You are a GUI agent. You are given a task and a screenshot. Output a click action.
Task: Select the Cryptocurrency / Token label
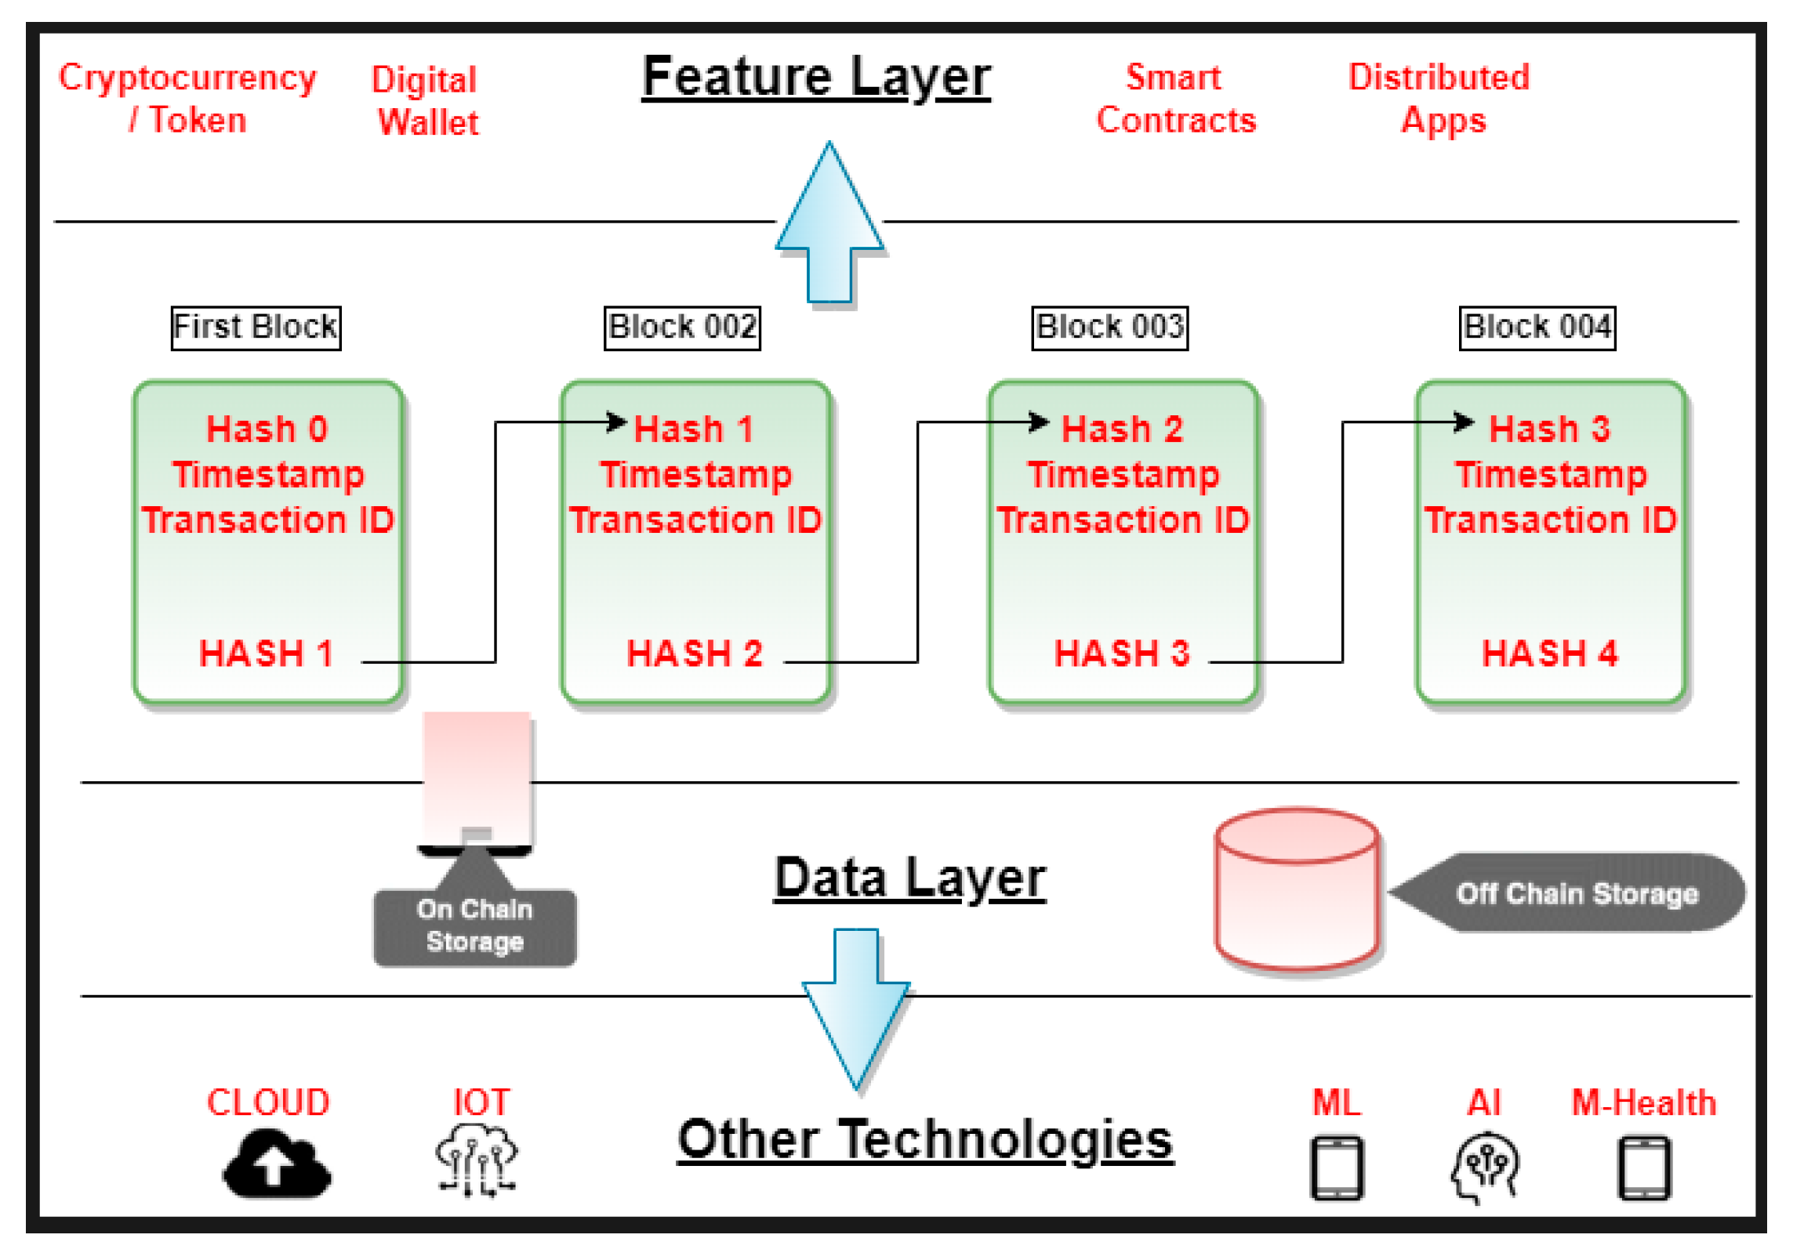pos(187,99)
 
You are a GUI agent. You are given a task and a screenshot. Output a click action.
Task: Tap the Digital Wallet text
pos(425,101)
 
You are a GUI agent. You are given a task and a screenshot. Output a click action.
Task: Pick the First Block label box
pos(256,328)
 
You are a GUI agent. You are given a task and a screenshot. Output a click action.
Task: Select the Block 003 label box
pos(1109,328)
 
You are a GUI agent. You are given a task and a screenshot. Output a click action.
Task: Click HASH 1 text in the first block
pos(267,654)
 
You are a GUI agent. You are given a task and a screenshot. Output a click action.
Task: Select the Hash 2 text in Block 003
pos(1121,429)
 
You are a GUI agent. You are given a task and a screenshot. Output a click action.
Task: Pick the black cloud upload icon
pos(277,1164)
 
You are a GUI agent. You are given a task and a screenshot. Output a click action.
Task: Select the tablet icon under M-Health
pos(1643,1168)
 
